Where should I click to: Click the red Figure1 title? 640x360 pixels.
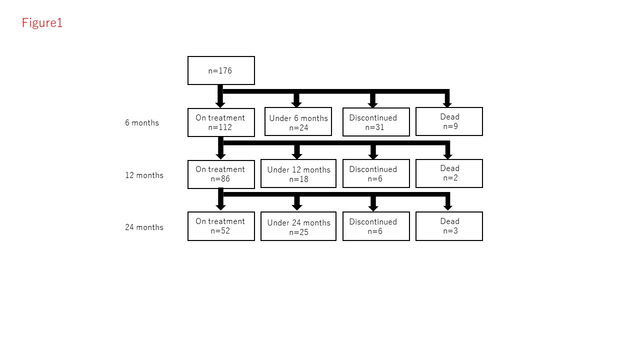click(42, 23)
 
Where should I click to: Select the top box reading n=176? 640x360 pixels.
click(221, 70)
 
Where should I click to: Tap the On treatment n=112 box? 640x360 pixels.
click(221, 122)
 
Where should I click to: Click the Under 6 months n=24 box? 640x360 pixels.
click(298, 121)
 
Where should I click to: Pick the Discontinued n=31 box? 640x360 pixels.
click(376, 122)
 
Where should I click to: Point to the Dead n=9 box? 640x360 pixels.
click(449, 121)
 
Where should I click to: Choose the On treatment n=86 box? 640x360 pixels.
click(221, 174)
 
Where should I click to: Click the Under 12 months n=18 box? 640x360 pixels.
click(298, 174)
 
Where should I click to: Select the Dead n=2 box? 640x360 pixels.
click(449, 173)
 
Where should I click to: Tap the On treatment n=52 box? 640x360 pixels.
click(221, 226)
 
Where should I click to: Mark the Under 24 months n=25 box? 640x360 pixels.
click(298, 226)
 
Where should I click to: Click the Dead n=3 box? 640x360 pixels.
click(449, 226)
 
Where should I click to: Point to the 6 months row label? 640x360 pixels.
click(142, 123)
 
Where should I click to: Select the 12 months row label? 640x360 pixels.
click(144, 175)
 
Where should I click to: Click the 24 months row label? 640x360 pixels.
click(144, 227)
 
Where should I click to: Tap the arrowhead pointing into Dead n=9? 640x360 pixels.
click(447, 103)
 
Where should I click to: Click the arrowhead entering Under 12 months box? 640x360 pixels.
click(297, 155)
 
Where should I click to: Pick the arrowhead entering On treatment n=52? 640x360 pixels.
click(220, 207)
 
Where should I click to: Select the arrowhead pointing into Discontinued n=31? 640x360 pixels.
click(372, 104)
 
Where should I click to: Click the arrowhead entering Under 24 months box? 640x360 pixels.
click(297, 207)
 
